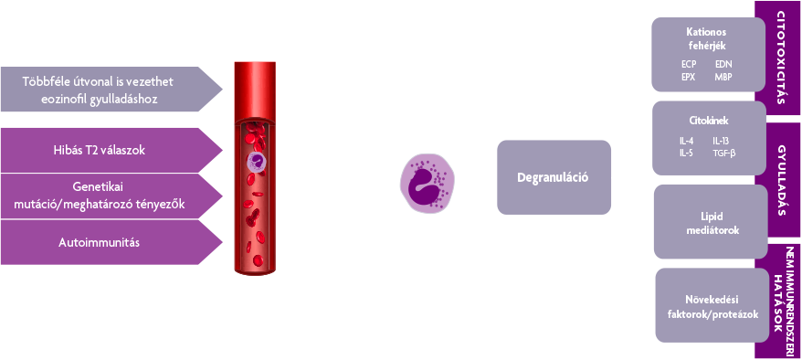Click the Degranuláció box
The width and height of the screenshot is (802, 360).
point(554,177)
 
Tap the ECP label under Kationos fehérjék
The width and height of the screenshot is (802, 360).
point(689,65)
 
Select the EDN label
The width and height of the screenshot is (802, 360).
point(723,65)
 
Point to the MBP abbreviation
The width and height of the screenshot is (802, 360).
point(723,77)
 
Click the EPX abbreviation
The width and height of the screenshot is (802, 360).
point(689,77)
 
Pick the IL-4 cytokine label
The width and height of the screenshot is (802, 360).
point(686,141)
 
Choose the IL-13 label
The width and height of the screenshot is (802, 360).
point(722,141)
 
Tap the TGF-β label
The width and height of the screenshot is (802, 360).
point(724,153)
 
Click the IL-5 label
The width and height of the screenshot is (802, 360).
point(686,153)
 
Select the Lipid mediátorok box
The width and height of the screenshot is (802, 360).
point(711,221)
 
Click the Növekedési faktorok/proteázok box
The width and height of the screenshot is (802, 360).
point(712,305)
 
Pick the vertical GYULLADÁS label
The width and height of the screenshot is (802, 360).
point(781,180)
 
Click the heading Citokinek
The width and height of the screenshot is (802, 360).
point(709,122)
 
